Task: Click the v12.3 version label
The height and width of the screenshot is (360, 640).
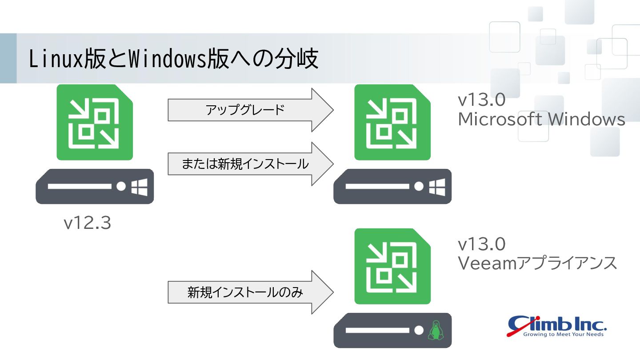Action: [x=87, y=223]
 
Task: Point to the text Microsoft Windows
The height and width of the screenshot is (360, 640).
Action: [x=541, y=120]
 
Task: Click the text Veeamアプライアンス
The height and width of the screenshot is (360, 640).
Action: [x=537, y=263]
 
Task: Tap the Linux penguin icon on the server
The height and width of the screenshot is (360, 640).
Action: [x=436, y=331]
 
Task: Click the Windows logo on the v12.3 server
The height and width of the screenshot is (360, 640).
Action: [x=139, y=187]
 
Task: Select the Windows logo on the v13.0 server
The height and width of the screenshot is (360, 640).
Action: [x=437, y=187]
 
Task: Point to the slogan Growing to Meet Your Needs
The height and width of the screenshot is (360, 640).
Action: [x=563, y=334]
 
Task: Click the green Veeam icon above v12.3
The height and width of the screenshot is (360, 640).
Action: [x=95, y=122]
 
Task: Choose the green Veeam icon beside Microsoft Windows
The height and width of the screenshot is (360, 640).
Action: [x=392, y=122]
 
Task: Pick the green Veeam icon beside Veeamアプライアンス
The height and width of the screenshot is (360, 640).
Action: [x=392, y=266]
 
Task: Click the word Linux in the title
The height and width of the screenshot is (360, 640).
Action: [x=56, y=59]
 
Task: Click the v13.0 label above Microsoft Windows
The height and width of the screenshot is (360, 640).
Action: [x=481, y=100]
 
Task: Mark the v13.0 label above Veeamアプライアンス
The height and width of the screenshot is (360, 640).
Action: [x=481, y=244]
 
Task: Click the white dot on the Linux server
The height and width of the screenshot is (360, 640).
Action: [x=418, y=331]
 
